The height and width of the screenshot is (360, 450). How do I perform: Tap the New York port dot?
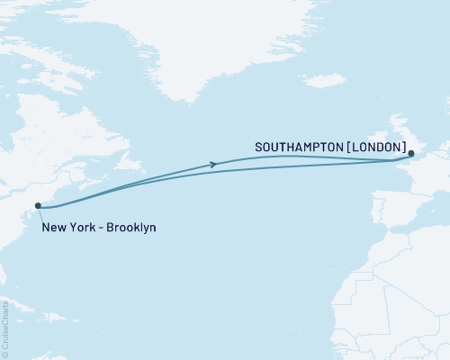point(39,207)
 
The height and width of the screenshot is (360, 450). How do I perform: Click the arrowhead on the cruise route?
point(212,164)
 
